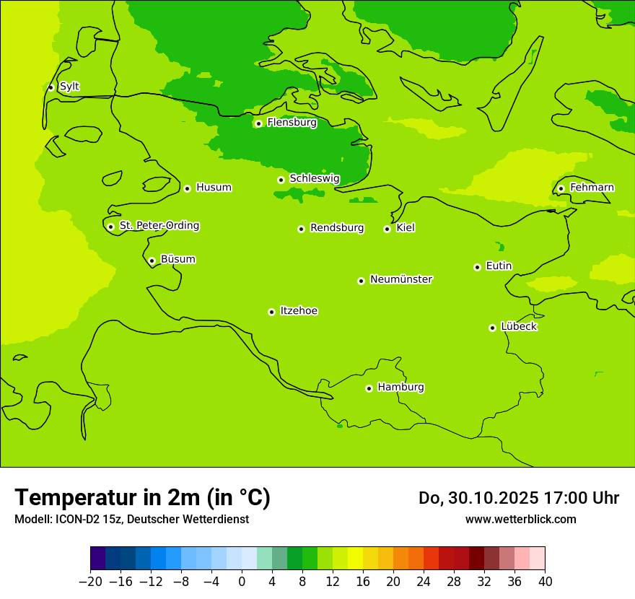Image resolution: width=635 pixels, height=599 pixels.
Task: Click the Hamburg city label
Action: [x=400, y=388]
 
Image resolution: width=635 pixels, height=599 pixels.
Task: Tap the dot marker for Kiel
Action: [x=387, y=229]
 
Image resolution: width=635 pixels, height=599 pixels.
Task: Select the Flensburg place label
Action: [x=292, y=123]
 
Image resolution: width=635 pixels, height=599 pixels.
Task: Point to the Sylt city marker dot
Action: [x=51, y=87]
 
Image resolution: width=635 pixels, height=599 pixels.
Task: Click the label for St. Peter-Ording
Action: [x=159, y=226]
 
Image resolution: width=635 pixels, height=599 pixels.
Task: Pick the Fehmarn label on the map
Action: [x=592, y=188]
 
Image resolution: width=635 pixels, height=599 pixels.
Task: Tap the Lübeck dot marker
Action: [x=492, y=328]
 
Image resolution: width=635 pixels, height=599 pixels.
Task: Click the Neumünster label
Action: [x=401, y=279]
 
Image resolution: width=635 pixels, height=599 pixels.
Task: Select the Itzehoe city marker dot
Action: [x=271, y=312]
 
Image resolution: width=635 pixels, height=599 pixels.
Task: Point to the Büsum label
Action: [x=178, y=259]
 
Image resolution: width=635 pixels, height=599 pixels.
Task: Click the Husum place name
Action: [x=214, y=188]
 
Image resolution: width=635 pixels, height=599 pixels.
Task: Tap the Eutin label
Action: [x=499, y=266]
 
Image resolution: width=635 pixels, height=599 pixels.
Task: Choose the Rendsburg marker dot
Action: [x=301, y=229]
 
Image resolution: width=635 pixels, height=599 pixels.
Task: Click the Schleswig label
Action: [x=314, y=178]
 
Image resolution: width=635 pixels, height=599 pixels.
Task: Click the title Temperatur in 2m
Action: [x=142, y=497]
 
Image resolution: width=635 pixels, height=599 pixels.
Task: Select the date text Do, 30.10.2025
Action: [x=478, y=498]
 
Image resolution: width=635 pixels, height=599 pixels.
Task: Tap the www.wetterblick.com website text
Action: [x=520, y=520]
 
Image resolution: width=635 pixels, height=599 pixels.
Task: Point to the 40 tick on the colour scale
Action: [x=545, y=582]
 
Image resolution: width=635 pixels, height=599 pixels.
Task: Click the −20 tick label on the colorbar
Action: [x=90, y=582]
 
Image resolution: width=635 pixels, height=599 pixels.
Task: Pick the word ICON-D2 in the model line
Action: [x=73, y=520]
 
